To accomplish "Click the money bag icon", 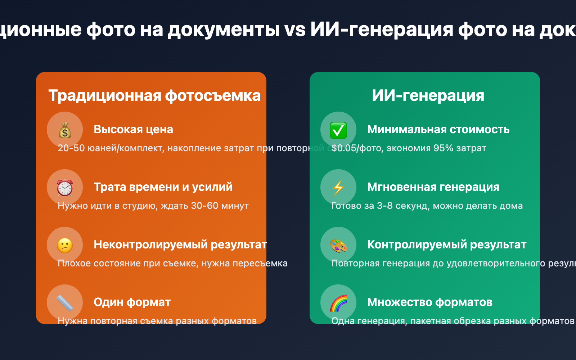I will (65, 130).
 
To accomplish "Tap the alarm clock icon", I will (65, 188).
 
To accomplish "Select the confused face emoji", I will (65, 245).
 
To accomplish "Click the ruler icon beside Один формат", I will (65, 303).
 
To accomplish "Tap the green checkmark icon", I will (338, 130).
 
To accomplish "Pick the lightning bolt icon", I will (338, 188).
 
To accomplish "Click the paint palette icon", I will (338, 245).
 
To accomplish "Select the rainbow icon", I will (338, 303).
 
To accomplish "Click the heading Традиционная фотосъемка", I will (154, 96).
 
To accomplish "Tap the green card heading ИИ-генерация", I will (428, 96).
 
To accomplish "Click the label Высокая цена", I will (133, 130).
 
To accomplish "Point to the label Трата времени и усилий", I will (163, 187).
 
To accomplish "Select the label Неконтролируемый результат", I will (180, 245).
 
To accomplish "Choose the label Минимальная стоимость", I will (438, 130).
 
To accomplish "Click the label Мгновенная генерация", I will (433, 187).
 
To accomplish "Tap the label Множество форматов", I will (429, 302).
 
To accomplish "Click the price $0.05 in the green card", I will (343, 148).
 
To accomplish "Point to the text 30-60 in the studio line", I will (204, 206).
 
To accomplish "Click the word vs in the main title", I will (295, 30).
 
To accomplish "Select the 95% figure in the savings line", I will (443, 148).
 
